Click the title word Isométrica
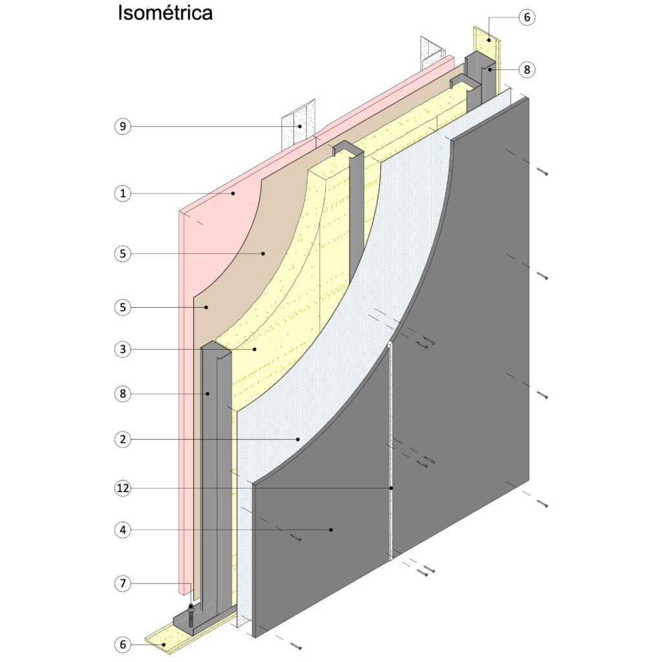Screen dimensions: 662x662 (x=165, y=13)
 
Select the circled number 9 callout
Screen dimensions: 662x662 (x=123, y=126)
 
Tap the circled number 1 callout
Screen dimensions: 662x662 (x=123, y=193)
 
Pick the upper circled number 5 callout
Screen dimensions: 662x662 (x=123, y=253)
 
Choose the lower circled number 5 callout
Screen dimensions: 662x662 (x=123, y=307)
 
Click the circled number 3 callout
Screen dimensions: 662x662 (x=123, y=349)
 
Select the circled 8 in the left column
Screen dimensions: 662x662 (x=123, y=394)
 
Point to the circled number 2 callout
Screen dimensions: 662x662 (x=123, y=440)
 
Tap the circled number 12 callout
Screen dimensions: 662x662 (x=123, y=488)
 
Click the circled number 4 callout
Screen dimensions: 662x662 (x=123, y=529)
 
